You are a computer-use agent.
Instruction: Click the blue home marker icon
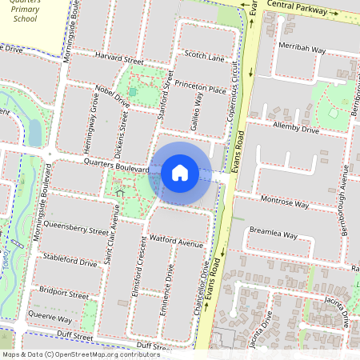coord(180,172)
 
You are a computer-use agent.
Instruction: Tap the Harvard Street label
coord(118,61)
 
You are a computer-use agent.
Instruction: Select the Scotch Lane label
coord(204,56)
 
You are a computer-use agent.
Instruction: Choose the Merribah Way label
coord(302,49)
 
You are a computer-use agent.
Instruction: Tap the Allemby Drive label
coord(296,129)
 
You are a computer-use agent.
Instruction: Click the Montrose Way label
coord(285,204)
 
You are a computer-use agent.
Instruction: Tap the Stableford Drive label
coord(70,262)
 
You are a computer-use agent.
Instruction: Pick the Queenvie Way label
coord(50,318)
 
